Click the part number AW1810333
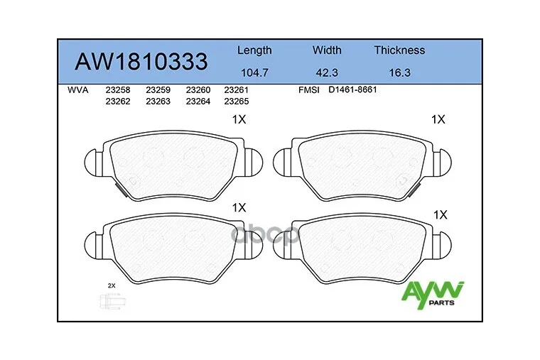pyautogui.click(x=141, y=62)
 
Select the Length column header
pyautogui.click(x=254, y=50)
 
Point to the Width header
pyautogui.click(x=327, y=50)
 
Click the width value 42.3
pyautogui.click(x=327, y=72)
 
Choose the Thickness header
pyautogui.click(x=399, y=50)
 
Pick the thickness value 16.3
pyautogui.click(x=399, y=72)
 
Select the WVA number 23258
pyautogui.click(x=117, y=90)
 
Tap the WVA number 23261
pyautogui.click(x=236, y=90)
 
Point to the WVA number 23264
pyautogui.click(x=198, y=101)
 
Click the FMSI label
pyautogui.click(x=310, y=90)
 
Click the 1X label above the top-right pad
pyautogui.click(x=438, y=120)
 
